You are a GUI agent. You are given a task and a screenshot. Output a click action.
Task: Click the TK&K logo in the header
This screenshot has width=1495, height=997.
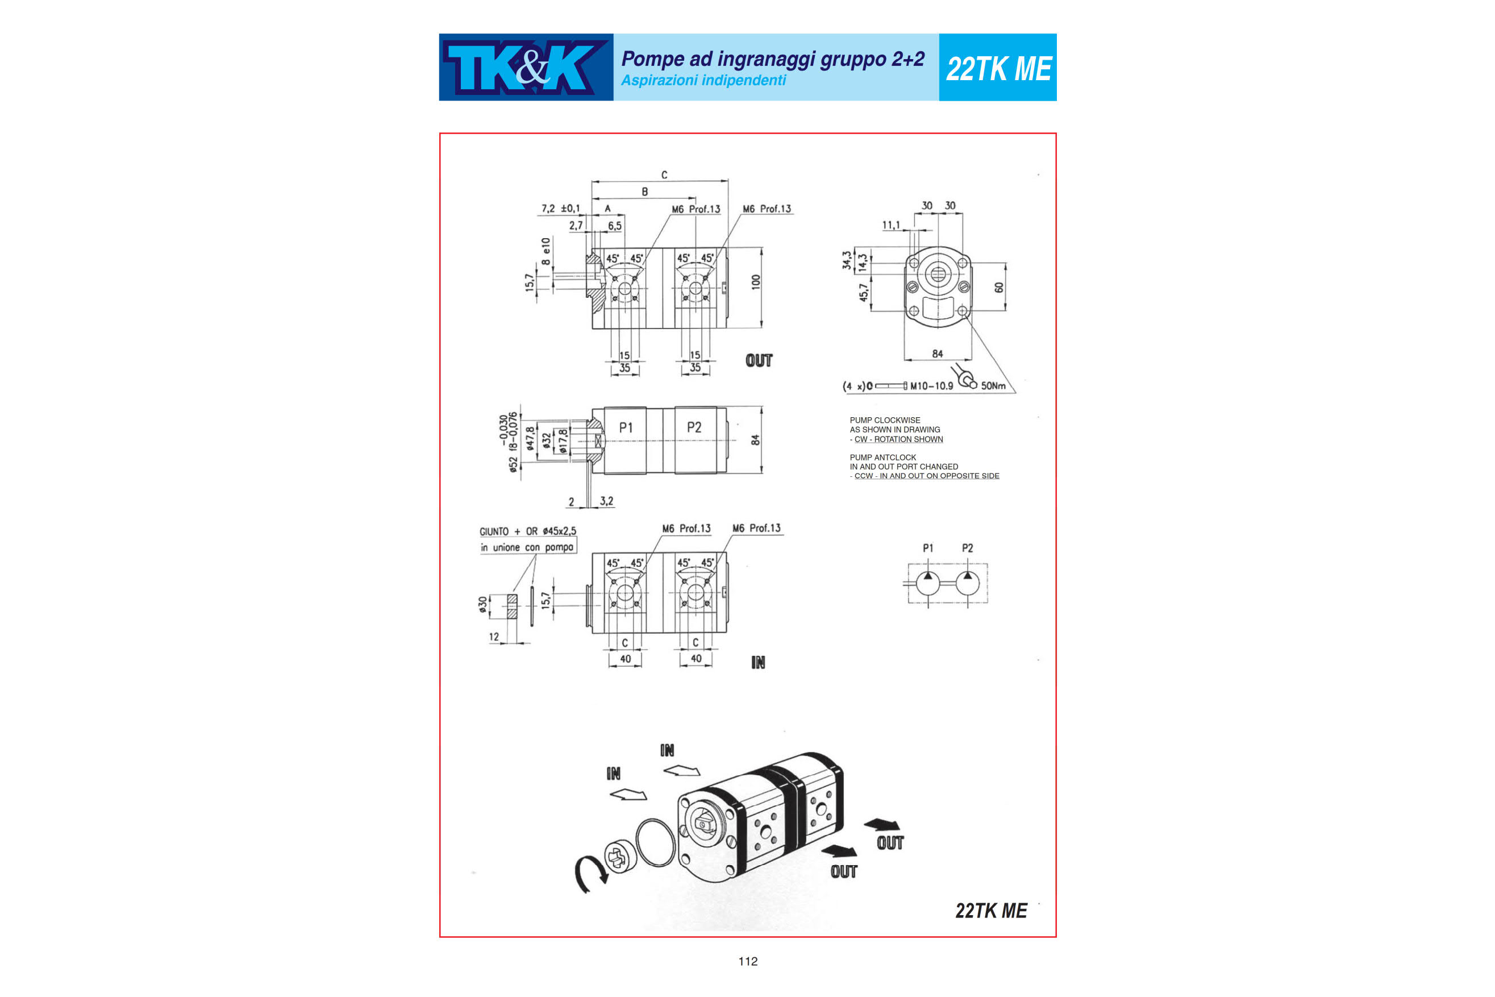coord(526,68)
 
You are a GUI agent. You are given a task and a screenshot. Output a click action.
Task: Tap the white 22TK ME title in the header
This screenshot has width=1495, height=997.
coord(998,69)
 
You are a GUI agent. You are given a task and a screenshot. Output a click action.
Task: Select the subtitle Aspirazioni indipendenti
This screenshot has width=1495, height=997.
coord(703,81)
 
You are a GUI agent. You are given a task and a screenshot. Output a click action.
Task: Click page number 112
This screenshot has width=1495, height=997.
coord(748,961)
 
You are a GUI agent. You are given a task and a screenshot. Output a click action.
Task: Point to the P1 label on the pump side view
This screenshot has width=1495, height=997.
coord(626,428)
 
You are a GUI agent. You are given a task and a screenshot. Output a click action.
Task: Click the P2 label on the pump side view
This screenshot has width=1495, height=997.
coord(694,428)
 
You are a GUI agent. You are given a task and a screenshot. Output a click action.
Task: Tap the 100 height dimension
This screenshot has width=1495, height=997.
coord(756,282)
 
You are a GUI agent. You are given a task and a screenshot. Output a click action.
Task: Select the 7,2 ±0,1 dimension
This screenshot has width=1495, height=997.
coord(561,209)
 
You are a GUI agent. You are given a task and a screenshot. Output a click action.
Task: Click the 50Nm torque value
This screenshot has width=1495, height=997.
coord(993,386)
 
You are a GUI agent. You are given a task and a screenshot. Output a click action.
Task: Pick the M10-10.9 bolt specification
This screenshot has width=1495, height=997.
coord(932,386)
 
